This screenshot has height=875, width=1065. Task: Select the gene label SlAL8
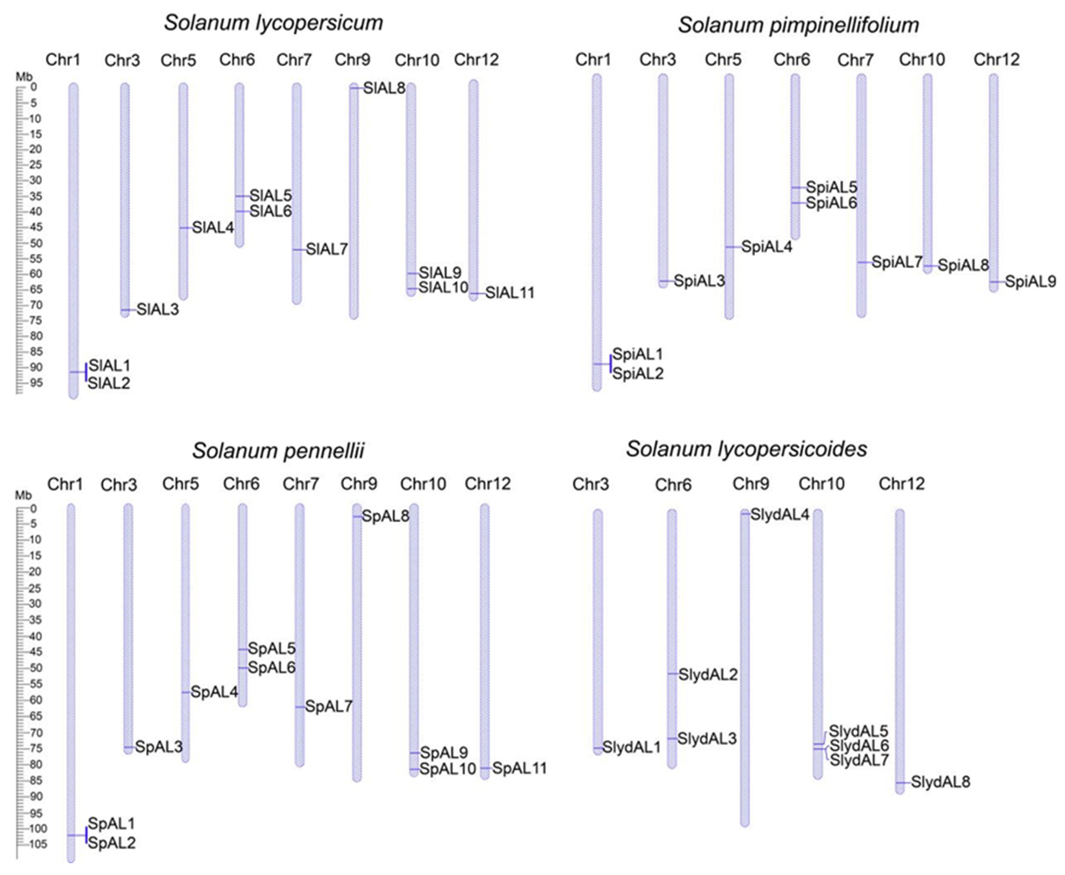point(384,88)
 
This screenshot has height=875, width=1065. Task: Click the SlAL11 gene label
point(510,293)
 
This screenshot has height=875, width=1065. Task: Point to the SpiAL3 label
point(699,281)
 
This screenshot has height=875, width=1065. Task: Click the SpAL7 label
point(328,707)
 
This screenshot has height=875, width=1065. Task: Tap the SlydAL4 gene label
point(780,515)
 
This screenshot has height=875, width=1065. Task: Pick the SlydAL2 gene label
point(707,675)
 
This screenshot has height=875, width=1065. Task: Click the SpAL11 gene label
point(519,769)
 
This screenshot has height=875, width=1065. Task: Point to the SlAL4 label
point(213,228)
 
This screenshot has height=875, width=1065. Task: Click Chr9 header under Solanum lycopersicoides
point(750,484)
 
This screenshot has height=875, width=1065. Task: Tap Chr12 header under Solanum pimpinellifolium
point(996,60)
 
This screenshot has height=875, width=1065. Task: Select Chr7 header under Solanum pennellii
point(301,484)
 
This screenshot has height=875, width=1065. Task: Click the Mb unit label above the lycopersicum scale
point(24,77)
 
